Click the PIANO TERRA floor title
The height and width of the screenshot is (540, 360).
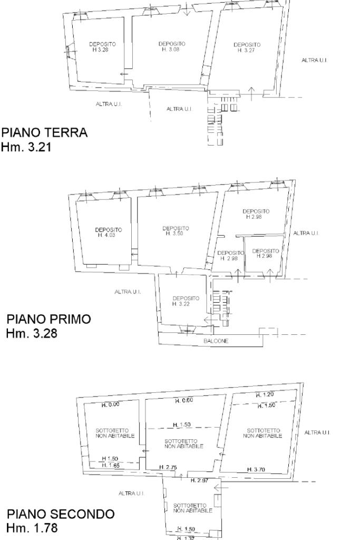click(x=45, y=132)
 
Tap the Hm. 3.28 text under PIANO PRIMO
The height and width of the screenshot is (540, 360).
click(x=32, y=333)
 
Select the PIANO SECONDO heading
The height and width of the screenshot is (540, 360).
click(x=61, y=514)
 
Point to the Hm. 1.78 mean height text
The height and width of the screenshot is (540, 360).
click(x=32, y=528)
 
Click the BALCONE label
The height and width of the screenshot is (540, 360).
click(x=216, y=341)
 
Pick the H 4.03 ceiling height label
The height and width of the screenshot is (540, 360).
click(x=106, y=235)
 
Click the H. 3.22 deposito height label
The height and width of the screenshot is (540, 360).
click(x=181, y=304)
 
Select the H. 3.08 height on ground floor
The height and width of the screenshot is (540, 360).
click(x=170, y=49)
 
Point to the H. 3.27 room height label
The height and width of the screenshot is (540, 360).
click(x=247, y=50)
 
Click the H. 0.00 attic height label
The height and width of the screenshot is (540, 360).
click(x=110, y=404)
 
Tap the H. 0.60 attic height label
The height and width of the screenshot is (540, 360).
click(x=184, y=401)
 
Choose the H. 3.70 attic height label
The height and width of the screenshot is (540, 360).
click(x=256, y=469)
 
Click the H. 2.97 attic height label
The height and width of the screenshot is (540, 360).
click(x=200, y=480)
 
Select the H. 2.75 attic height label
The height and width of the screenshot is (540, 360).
click(x=168, y=467)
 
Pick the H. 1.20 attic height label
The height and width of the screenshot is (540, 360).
click(x=265, y=394)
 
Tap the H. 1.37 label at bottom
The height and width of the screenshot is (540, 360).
click(x=186, y=537)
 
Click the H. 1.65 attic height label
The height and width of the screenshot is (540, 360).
click(x=110, y=465)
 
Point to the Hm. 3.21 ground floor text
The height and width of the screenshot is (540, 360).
click(x=26, y=147)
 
